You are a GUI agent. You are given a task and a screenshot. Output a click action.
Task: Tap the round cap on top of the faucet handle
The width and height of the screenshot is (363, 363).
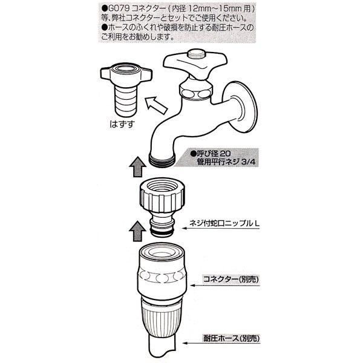(196, 54)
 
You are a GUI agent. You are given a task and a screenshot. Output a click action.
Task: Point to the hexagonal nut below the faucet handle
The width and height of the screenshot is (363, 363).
(196, 91)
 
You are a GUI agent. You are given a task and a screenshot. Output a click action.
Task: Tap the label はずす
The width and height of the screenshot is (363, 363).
(122, 124)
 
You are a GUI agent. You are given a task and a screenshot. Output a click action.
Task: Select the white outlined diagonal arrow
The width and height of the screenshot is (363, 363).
(155, 105)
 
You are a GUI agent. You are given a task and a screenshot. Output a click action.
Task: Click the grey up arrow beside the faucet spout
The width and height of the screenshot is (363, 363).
(138, 167)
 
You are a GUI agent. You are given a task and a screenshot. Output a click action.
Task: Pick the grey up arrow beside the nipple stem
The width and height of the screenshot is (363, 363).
(138, 231)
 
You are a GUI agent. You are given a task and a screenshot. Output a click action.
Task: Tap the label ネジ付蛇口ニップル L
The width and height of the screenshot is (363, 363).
(224, 223)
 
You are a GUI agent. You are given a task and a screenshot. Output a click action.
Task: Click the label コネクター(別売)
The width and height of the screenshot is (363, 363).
(231, 280)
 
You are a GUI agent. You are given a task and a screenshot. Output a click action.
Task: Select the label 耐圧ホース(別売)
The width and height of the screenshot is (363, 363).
(231, 338)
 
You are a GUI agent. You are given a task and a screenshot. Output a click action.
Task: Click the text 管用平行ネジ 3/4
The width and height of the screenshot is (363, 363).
(226, 162)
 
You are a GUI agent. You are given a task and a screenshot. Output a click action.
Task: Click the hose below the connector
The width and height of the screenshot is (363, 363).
(162, 348)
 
